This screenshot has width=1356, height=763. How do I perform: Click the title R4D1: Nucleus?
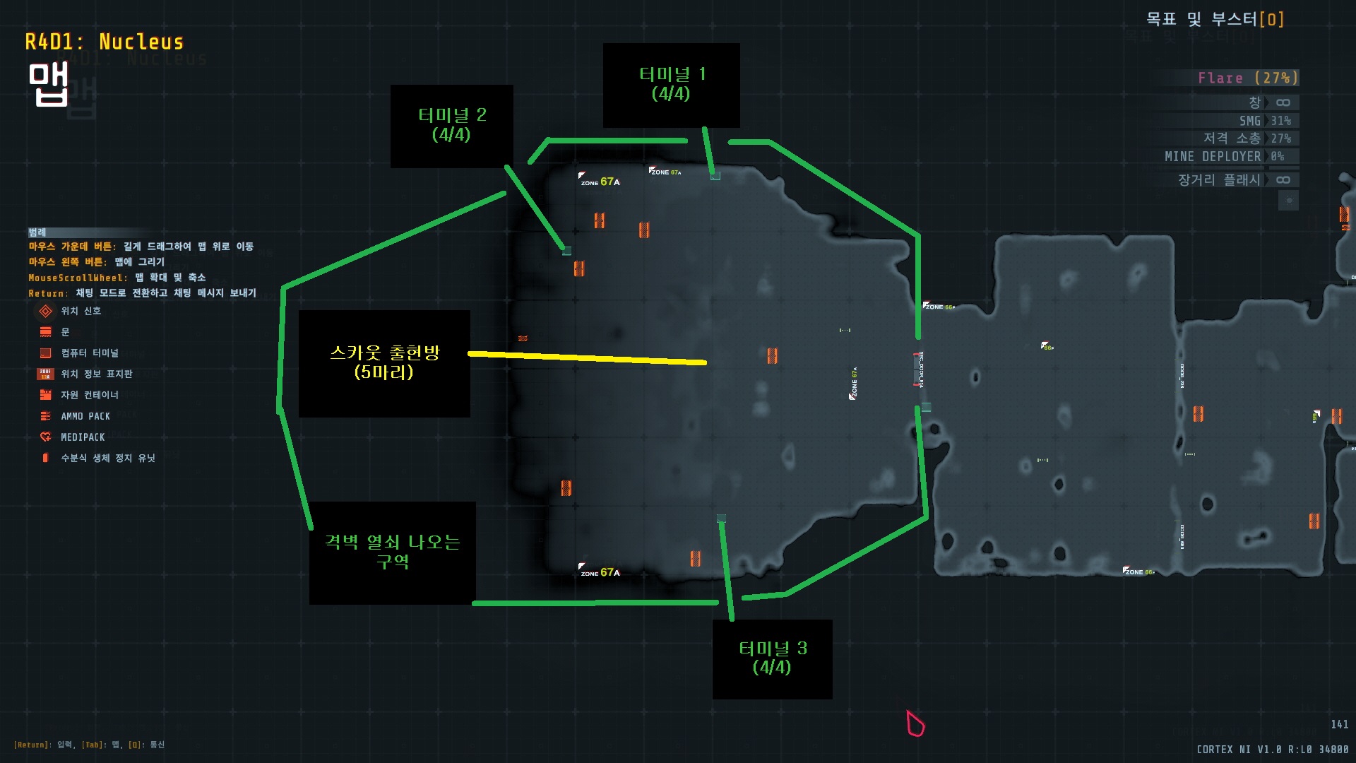[x=104, y=42]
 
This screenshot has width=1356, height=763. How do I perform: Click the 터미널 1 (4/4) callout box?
[x=671, y=85]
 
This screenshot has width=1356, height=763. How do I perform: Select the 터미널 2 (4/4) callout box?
[x=451, y=126]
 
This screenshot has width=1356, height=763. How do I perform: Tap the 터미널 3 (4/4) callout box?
[x=772, y=658]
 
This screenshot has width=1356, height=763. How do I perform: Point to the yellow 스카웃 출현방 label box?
[x=384, y=363]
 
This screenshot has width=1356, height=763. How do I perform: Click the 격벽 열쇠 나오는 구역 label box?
[x=392, y=552]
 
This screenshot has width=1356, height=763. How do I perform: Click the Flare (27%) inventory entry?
[x=1247, y=78]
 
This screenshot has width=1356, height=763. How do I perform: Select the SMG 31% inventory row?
[x=1264, y=121]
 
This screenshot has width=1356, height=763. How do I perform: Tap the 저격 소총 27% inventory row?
[x=1247, y=138]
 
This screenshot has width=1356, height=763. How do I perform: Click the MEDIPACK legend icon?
[x=46, y=437]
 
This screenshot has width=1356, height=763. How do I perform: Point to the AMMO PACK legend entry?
[x=85, y=416]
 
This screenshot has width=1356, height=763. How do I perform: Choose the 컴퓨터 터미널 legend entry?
[x=89, y=353]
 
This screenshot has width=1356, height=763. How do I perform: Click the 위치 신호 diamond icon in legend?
[x=46, y=311]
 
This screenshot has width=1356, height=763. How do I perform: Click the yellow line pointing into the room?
[x=586, y=358]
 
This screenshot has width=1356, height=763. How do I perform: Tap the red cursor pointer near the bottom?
[x=915, y=723]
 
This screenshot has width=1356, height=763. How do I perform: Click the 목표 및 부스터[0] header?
[x=1215, y=19]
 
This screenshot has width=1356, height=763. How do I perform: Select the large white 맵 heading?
[x=48, y=85]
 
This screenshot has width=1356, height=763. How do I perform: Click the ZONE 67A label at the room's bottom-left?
[x=600, y=572]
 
